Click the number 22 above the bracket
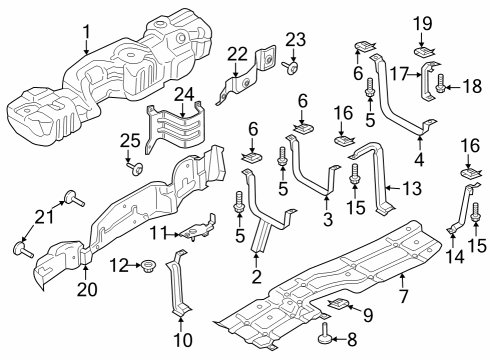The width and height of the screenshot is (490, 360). pos(237,53)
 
